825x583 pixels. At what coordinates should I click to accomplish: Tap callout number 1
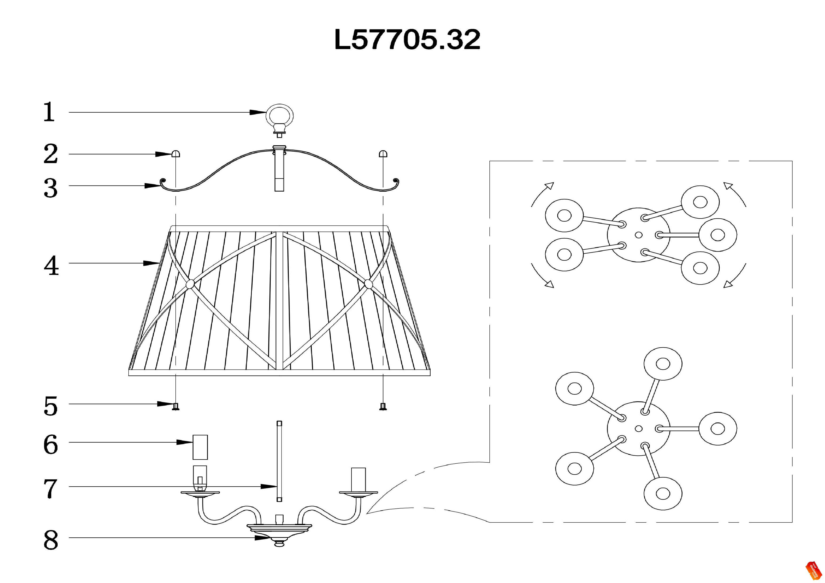(x=49, y=112)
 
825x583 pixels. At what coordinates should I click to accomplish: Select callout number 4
(x=51, y=266)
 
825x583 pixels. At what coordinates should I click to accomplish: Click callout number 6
(x=51, y=444)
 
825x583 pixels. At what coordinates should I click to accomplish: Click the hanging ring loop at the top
(x=279, y=116)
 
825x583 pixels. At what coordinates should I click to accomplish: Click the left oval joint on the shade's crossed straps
(x=190, y=284)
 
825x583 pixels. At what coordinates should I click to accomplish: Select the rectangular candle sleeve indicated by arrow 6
(x=200, y=447)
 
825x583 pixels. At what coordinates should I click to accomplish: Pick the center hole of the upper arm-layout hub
(x=639, y=235)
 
